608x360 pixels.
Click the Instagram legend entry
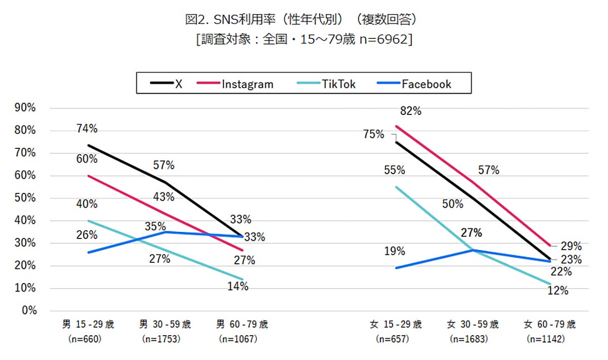pyautogui.click(x=247, y=84)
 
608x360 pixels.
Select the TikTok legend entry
pyautogui.click(x=338, y=84)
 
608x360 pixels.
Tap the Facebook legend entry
pyautogui.click(x=426, y=84)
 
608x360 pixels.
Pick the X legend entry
pyautogui.click(x=178, y=84)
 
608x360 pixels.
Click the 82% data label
pyautogui.click(x=410, y=111)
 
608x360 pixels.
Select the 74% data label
pyautogui.click(x=87, y=129)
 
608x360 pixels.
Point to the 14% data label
pyautogui.click(x=238, y=287)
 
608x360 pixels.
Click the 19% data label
pyautogui.click(x=394, y=251)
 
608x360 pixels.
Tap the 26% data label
pyautogui.click(x=87, y=235)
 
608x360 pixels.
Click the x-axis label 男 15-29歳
pyautogui.click(x=88, y=324)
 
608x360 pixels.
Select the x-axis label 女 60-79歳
pyautogui.click(x=550, y=324)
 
